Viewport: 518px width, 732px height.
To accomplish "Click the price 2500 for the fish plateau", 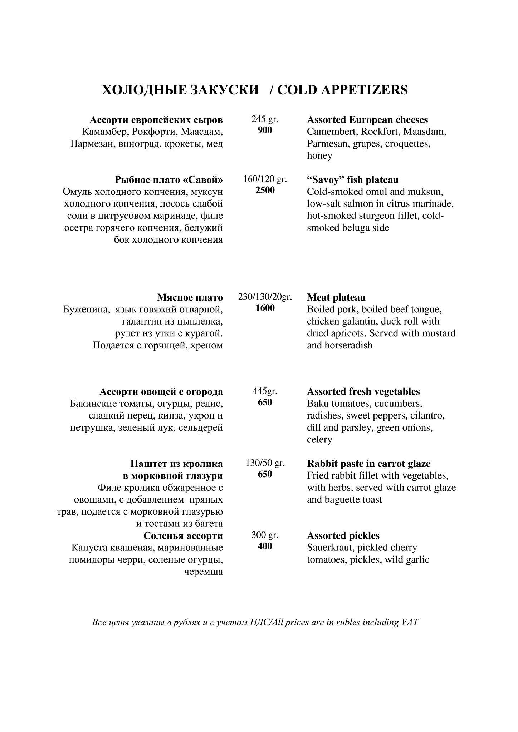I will pyautogui.click(x=265, y=190).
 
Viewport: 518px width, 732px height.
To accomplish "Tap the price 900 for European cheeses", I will pyautogui.click(x=265, y=130).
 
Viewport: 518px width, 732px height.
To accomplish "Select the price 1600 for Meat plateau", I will pyautogui.click(x=265, y=308).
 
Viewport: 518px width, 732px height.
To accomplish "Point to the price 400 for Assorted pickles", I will pyautogui.click(x=265, y=546).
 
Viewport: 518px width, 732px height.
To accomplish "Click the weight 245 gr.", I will pyautogui.click(x=265, y=119).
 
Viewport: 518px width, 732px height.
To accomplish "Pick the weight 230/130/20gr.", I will pyautogui.click(x=265, y=297).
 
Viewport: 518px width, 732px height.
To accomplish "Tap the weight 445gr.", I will pyautogui.click(x=265, y=391).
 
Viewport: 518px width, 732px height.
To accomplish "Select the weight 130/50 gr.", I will pyautogui.click(x=265, y=463).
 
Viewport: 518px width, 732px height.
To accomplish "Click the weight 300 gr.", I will pyautogui.click(x=265, y=535).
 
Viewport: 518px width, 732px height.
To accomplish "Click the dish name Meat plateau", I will pyautogui.click(x=336, y=297).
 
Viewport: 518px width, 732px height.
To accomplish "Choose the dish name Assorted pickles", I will pyautogui.click(x=343, y=536).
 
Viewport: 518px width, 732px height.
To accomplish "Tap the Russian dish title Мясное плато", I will pyautogui.click(x=190, y=297).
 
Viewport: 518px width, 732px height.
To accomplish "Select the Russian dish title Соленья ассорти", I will pyautogui.click(x=183, y=536).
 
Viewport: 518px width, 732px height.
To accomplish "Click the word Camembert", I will pyautogui.click(x=332, y=132).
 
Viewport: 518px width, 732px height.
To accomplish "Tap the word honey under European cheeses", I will pyautogui.click(x=319, y=156).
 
